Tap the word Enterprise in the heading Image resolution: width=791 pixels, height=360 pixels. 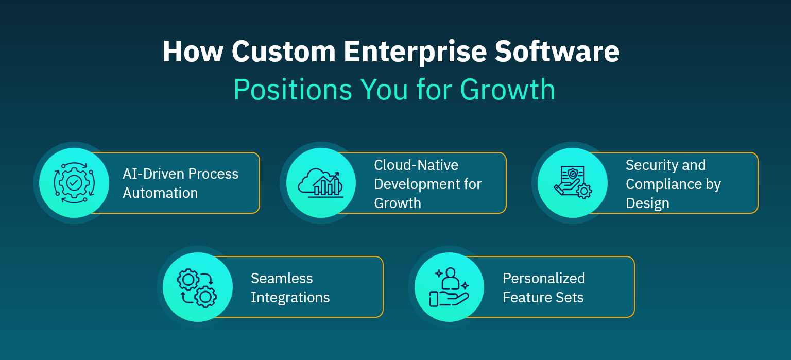(x=414, y=52)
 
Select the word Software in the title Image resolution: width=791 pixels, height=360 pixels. (x=558, y=52)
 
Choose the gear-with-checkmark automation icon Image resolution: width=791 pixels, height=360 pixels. (x=74, y=183)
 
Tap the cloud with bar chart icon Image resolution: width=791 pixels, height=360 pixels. (x=321, y=183)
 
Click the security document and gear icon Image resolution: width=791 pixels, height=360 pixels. (x=572, y=183)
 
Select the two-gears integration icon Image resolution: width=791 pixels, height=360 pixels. (x=197, y=287)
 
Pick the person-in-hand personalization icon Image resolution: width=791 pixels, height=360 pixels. (x=449, y=287)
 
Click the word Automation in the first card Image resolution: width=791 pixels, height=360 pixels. (x=160, y=193)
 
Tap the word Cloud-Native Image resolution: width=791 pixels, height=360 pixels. (x=416, y=165)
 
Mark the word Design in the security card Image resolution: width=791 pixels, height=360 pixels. (x=647, y=203)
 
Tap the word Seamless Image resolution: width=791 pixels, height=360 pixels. (x=282, y=278)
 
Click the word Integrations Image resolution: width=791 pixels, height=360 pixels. (x=290, y=297)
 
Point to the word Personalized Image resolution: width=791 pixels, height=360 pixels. (x=544, y=278)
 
